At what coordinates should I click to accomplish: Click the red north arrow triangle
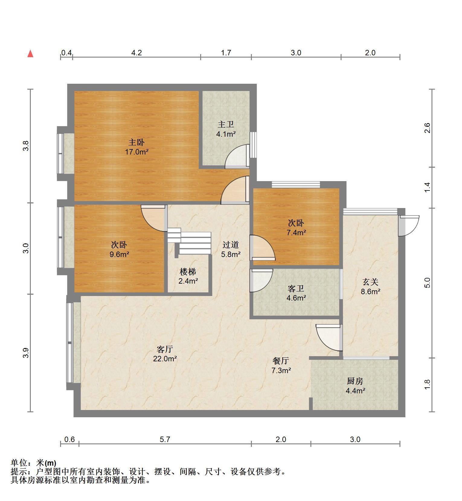click(30, 54)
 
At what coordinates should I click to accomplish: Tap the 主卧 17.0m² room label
click(137, 147)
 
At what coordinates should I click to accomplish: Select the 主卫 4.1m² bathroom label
click(226, 129)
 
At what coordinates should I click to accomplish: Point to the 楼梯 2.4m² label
click(188, 276)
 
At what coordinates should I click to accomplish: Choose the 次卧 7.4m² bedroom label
click(296, 228)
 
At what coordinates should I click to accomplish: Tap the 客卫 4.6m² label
click(296, 293)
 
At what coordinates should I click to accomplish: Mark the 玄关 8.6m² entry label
click(371, 287)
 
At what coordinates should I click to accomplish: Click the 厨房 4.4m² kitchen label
click(355, 386)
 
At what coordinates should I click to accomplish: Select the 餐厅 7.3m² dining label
click(281, 365)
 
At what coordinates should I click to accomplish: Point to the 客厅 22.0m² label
click(165, 354)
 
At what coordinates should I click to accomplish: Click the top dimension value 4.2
click(136, 53)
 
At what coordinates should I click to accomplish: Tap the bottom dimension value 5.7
click(165, 439)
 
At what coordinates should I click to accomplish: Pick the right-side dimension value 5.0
click(427, 283)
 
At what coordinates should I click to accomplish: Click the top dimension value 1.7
click(226, 53)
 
